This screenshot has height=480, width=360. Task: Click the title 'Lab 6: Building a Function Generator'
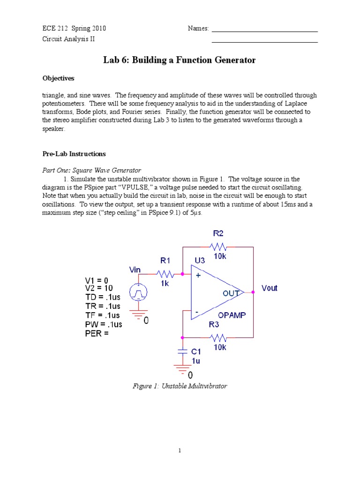(180, 60)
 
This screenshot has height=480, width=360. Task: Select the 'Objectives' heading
(59, 78)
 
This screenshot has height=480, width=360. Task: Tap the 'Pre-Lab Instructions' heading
(74, 154)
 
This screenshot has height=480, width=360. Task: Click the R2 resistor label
(218, 232)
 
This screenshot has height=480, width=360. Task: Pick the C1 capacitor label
(196, 351)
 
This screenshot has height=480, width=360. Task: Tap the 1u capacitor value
(195, 361)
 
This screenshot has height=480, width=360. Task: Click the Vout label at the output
(270, 288)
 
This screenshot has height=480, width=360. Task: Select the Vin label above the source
(135, 270)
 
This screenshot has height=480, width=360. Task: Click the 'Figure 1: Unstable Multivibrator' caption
(180, 386)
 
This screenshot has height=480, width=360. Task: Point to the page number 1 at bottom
(180, 451)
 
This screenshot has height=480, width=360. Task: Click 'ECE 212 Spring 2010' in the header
(75, 29)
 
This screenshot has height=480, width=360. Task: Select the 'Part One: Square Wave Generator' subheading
(92, 170)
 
